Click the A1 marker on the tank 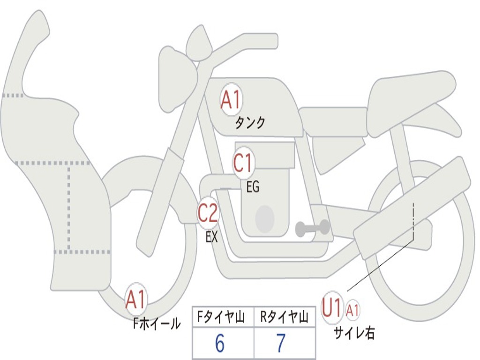(231, 100)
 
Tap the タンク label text (250, 123)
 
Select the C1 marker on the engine (243, 164)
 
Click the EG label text (252, 187)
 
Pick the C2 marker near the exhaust (208, 214)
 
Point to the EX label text (212, 237)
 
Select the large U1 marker (332, 308)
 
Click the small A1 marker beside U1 (353, 310)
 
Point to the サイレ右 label (354, 333)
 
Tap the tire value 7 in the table (281, 344)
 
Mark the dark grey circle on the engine (265, 218)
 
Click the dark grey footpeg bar (312, 228)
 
